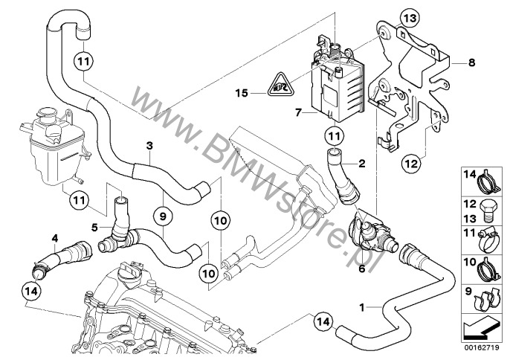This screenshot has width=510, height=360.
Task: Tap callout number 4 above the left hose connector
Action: point(54,239)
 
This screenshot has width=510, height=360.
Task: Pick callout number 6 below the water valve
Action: point(362,269)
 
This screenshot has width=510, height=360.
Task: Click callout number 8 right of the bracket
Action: point(471,65)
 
